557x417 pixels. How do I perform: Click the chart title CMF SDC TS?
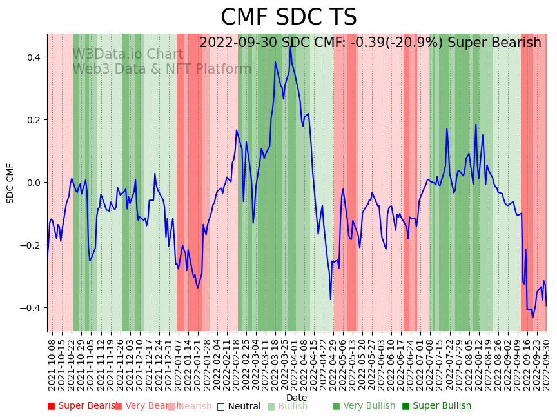click(x=288, y=17)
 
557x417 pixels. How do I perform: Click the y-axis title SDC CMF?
click(x=10, y=183)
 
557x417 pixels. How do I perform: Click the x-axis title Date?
click(x=297, y=398)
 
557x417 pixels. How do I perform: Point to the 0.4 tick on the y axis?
click(x=34, y=57)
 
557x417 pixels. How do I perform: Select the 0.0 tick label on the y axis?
click(x=34, y=183)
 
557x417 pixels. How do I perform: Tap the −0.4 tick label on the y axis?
click(x=31, y=308)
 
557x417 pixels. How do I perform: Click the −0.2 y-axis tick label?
click(x=31, y=245)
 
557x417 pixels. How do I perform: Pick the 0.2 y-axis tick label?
click(x=34, y=120)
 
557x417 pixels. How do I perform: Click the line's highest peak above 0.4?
click(x=290, y=46)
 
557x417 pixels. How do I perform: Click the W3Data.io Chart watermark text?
click(x=128, y=55)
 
